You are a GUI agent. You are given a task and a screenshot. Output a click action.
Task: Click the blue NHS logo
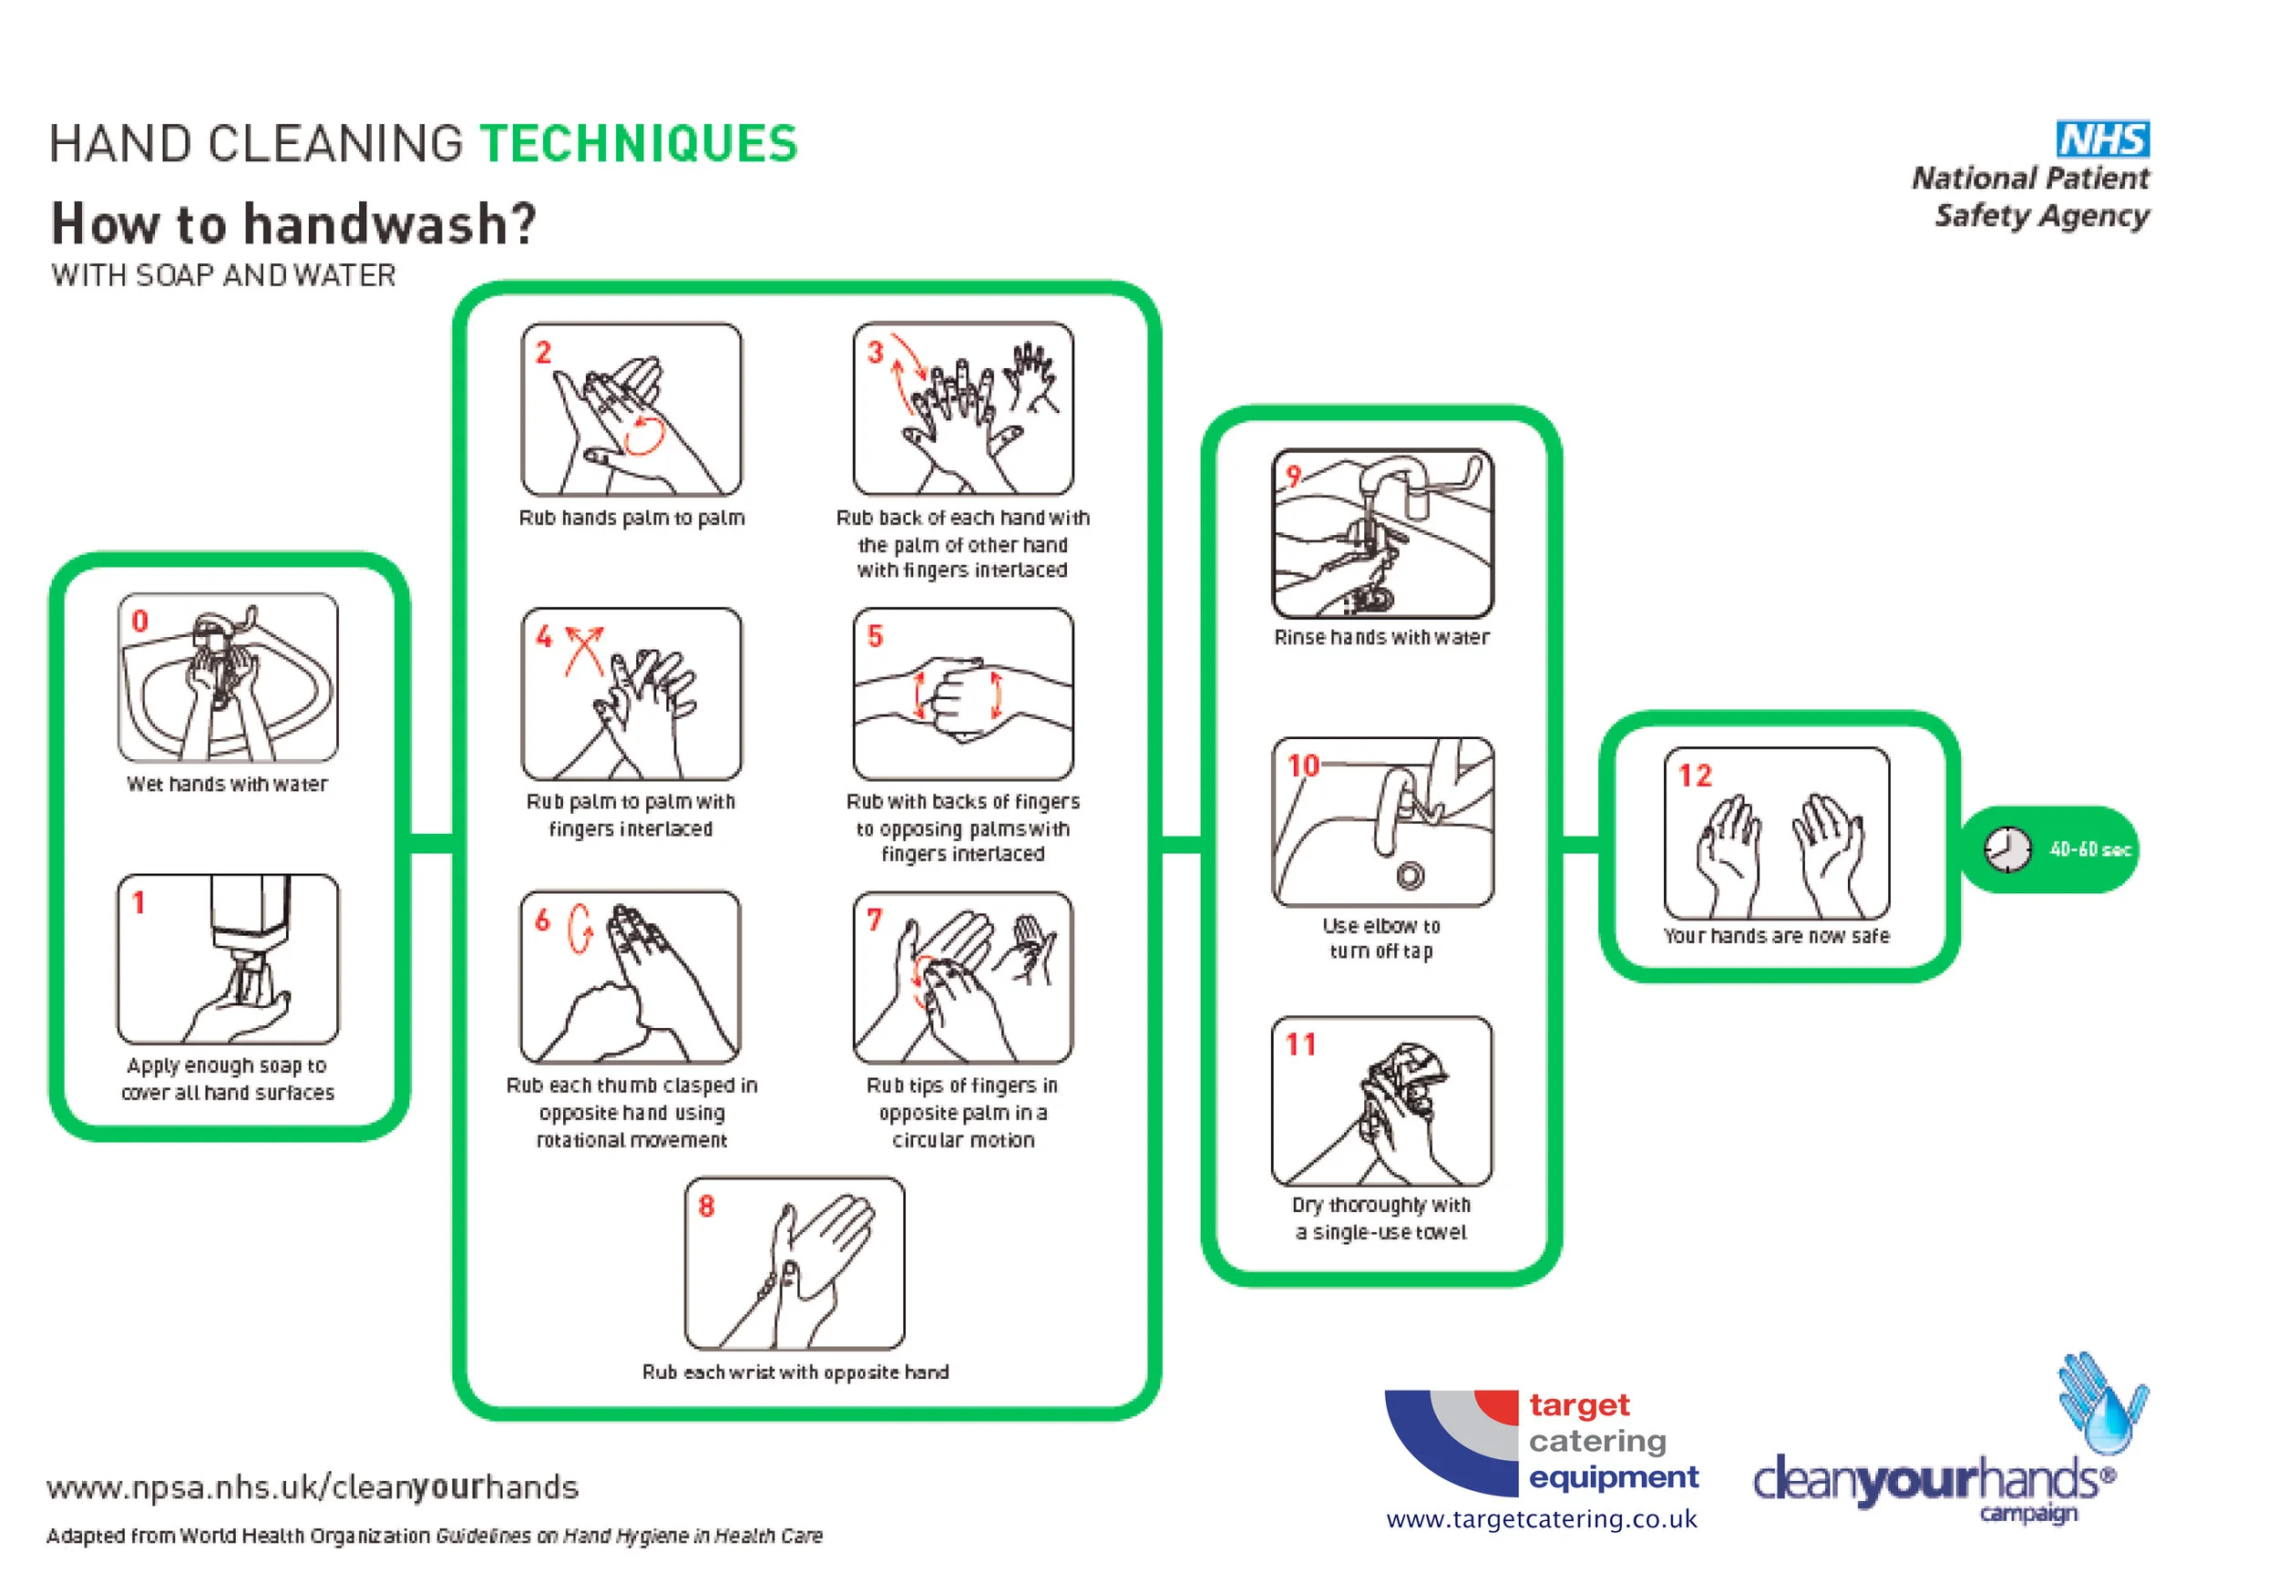click(2101, 139)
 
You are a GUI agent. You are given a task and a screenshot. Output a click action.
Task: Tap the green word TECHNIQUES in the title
click(639, 144)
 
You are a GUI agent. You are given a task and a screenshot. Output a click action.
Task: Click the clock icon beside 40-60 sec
click(2006, 849)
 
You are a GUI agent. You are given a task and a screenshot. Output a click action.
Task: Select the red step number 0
click(139, 621)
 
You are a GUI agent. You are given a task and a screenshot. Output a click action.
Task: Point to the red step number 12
click(1694, 776)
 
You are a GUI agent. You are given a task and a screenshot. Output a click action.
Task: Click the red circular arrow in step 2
click(644, 435)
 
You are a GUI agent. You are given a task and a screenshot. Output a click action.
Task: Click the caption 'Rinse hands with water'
click(1381, 638)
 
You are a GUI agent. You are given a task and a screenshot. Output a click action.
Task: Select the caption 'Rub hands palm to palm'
click(631, 518)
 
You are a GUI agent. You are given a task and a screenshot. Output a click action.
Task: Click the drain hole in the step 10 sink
click(1411, 875)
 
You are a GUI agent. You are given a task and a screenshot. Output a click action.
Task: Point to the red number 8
click(706, 1206)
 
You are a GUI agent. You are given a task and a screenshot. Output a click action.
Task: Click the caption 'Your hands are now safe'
click(1776, 936)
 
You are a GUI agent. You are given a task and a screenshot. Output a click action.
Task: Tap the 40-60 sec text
click(2089, 850)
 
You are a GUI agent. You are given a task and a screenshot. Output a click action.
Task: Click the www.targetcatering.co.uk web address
click(1541, 1519)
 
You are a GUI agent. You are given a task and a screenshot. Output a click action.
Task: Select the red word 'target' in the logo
click(1579, 1404)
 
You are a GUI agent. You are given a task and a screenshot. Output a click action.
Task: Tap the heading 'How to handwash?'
click(293, 223)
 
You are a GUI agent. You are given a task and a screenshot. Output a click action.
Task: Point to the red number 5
click(875, 637)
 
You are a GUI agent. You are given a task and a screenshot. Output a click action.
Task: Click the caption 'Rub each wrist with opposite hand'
click(795, 1372)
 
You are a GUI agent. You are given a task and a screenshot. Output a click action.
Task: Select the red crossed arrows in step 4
click(584, 651)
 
